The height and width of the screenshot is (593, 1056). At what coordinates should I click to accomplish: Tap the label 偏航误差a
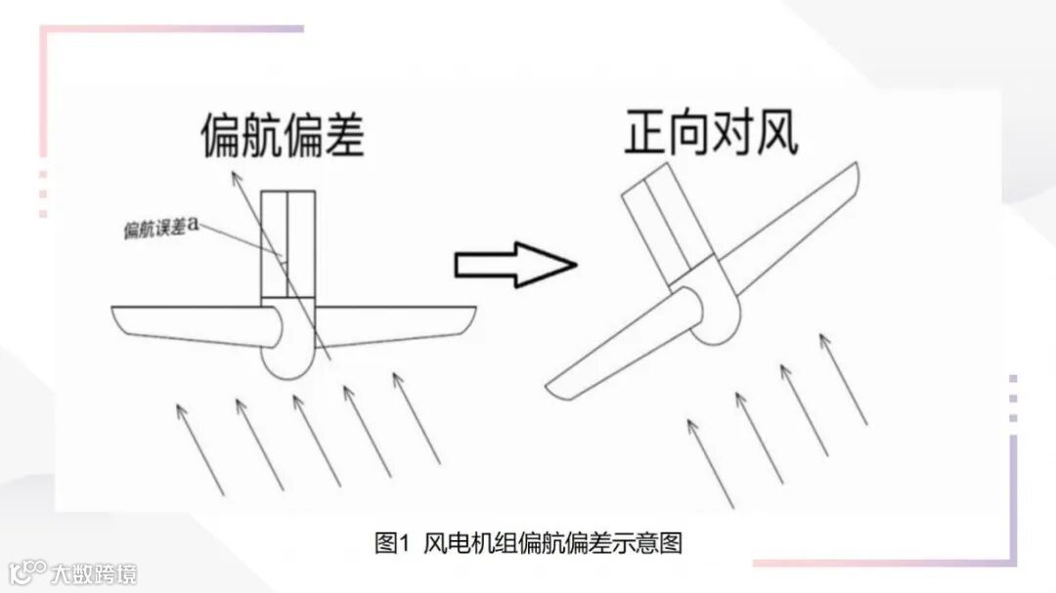[161, 228]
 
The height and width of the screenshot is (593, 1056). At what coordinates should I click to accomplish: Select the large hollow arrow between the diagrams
[514, 265]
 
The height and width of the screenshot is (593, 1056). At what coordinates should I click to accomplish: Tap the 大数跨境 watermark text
[94, 571]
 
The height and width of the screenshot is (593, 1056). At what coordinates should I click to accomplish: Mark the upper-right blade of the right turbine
[792, 229]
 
